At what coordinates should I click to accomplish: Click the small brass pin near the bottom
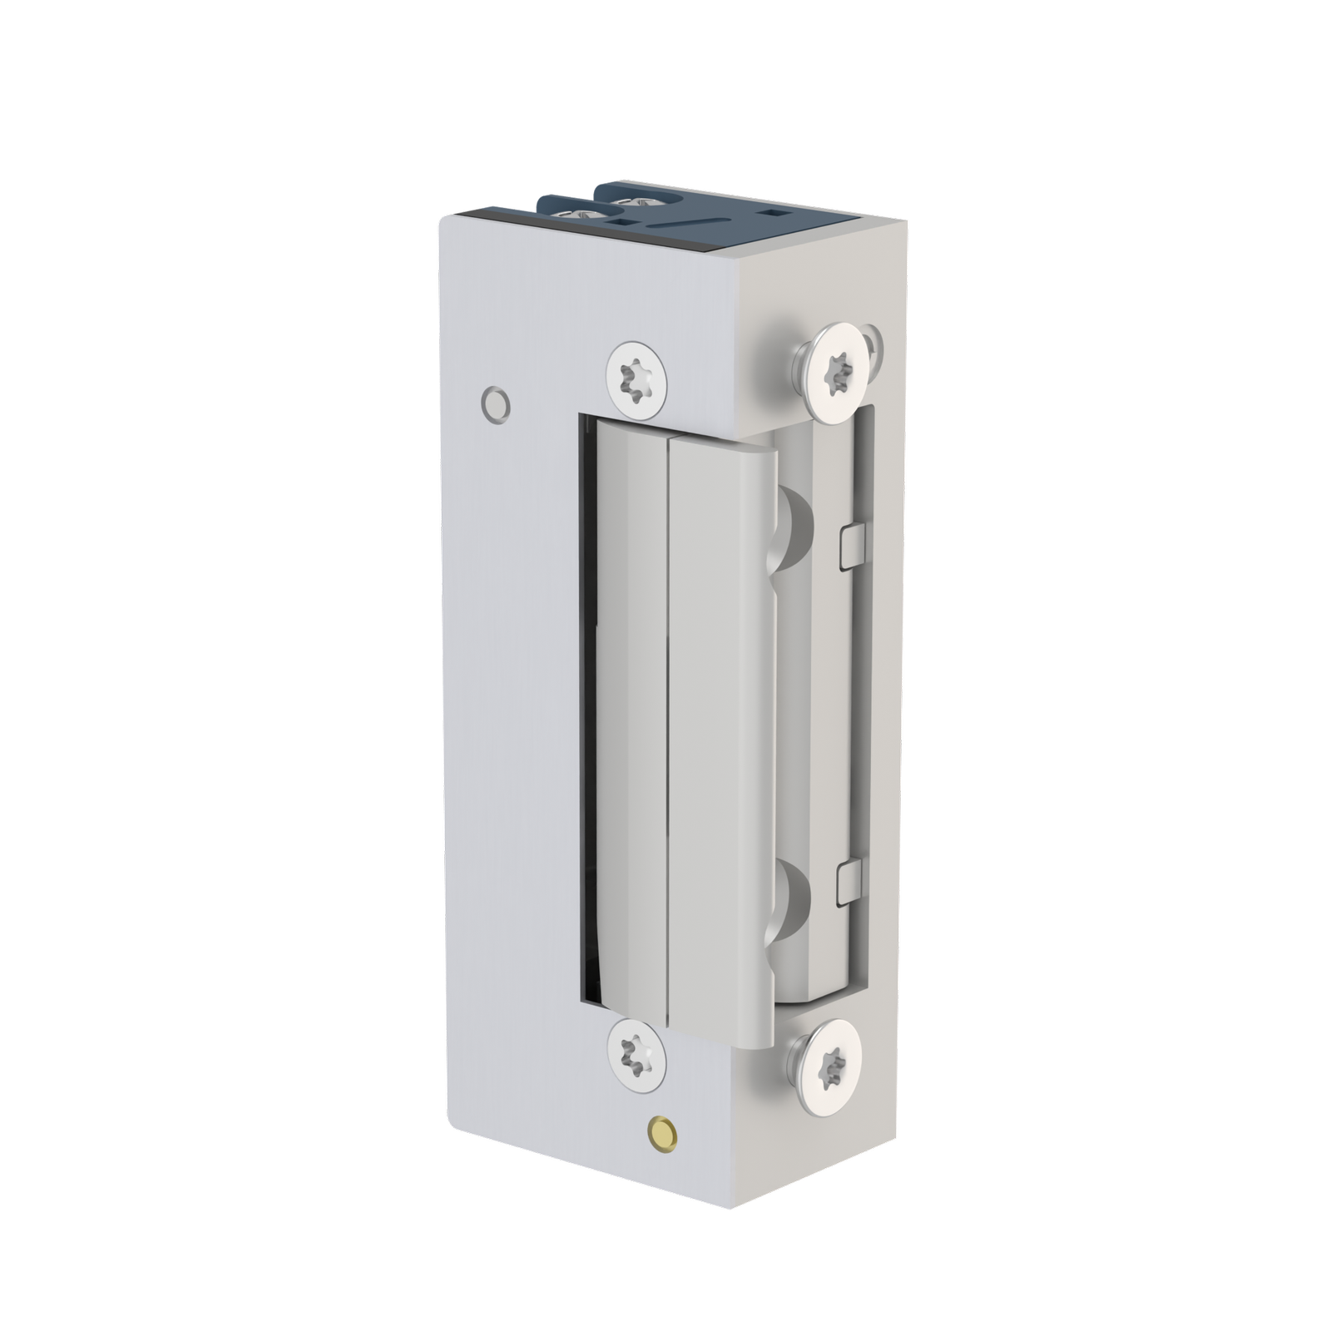(x=661, y=1131)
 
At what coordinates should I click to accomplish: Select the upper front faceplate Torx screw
(x=637, y=378)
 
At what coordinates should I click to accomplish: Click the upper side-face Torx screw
(x=838, y=364)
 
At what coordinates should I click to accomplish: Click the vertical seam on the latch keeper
(x=669, y=732)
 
